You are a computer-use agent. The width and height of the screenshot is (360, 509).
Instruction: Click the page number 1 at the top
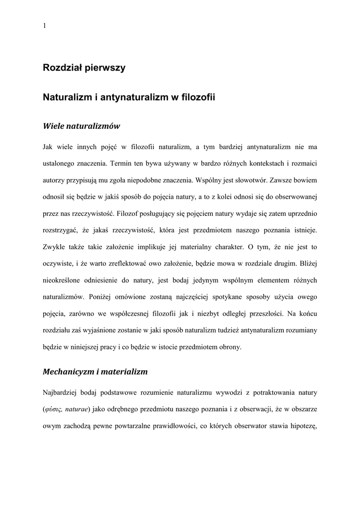[x=45, y=26]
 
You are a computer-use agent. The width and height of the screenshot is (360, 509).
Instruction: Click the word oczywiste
[x=59, y=263]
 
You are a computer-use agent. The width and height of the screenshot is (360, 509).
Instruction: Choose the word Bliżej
[x=307, y=263]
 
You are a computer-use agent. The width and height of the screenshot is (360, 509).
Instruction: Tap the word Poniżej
[x=102, y=297]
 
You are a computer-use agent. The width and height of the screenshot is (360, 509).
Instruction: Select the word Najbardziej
[x=61, y=393]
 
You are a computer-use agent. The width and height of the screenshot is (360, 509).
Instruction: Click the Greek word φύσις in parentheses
[x=51, y=410]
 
